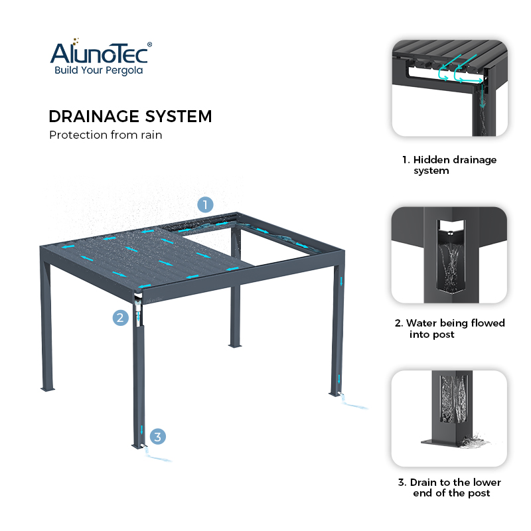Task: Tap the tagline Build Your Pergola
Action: pyautogui.click(x=98, y=70)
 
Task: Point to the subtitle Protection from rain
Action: pyautogui.click(x=106, y=135)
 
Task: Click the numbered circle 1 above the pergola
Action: pyautogui.click(x=206, y=204)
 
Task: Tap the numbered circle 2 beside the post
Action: pyautogui.click(x=119, y=317)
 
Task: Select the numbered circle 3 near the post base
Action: pyautogui.click(x=157, y=436)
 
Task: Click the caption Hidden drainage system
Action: pyautogui.click(x=449, y=165)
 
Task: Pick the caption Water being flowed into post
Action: pyautogui.click(x=449, y=329)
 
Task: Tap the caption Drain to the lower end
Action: pyautogui.click(x=449, y=487)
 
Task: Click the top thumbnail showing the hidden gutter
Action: pyautogui.click(x=449, y=88)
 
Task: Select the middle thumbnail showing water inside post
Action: pyautogui.click(x=449, y=255)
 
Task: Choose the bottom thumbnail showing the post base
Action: pyautogui.click(x=449, y=417)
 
